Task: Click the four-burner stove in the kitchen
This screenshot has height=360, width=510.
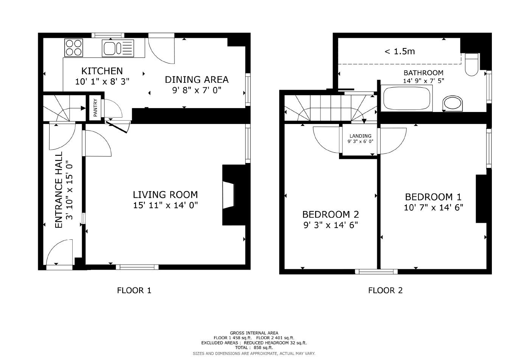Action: coord(74,48)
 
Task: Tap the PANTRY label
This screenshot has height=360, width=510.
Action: coord(95,108)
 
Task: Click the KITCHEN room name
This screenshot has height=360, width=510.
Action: coord(102,71)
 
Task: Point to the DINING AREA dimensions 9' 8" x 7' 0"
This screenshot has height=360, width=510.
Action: coord(196,90)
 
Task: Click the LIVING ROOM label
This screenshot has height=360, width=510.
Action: coord(165,195)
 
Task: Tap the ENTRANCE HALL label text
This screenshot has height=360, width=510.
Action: coord(59,190)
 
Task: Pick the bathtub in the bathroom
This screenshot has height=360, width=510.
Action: coord(407,98)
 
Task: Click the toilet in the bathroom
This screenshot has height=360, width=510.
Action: coord(471,65)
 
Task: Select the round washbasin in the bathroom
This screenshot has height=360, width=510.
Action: coord(452,103)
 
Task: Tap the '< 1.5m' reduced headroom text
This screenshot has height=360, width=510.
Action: coord(400,51)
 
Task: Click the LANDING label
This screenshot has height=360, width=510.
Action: coord(360,136)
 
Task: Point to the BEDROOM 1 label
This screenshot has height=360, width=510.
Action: coord(433,197)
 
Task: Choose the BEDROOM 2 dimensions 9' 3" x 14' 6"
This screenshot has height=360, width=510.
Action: coord(330,225)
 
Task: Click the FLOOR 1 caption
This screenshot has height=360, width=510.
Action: coord(134,290)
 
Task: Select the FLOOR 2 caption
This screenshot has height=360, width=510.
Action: coord(385,290)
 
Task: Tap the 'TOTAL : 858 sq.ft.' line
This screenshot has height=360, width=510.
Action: coord(254,348)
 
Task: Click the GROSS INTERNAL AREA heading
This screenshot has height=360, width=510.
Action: coord(254,333)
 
